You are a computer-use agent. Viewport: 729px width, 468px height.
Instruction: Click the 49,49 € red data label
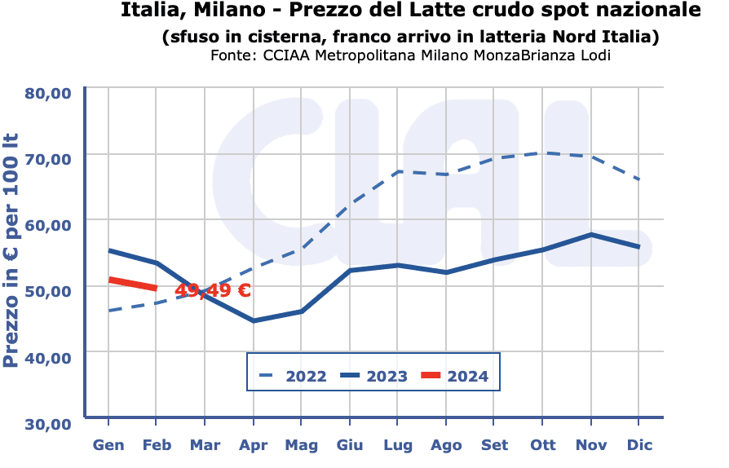coord(212,290)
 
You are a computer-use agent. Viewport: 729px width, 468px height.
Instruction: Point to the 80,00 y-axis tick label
coord(47,92)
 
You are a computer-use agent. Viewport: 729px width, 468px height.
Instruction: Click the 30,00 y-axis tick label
coord(47,423)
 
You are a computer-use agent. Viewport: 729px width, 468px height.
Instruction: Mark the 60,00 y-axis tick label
coord(47,224)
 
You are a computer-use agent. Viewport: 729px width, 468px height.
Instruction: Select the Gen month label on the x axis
coord(108,445)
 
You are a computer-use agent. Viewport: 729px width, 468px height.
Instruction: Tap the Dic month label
coord(639,445)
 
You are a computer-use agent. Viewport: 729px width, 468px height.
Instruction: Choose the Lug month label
coord(398,445)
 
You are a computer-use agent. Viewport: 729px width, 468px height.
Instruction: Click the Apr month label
coord(254,445)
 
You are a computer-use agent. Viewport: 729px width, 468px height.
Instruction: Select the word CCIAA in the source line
coord(285,55)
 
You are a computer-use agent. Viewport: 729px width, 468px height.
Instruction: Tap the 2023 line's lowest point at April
coord(254,320)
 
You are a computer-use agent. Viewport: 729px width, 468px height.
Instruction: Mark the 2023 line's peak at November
coord(591,235)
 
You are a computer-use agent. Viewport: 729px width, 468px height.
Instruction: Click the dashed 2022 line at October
coord(543,153)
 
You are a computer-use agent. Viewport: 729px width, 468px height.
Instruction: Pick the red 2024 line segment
coord(132,284)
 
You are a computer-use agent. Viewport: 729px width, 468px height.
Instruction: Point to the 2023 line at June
coord(350,270)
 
